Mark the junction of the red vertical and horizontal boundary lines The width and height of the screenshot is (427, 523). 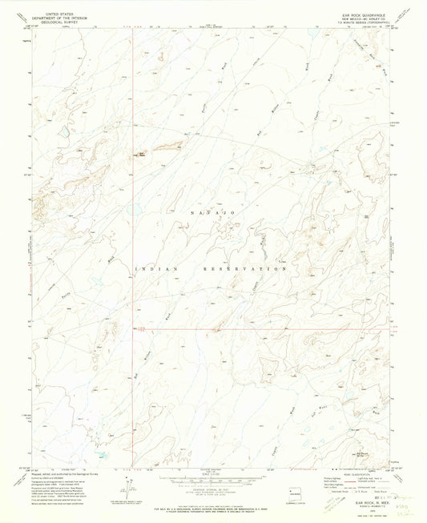coord(134,327)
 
